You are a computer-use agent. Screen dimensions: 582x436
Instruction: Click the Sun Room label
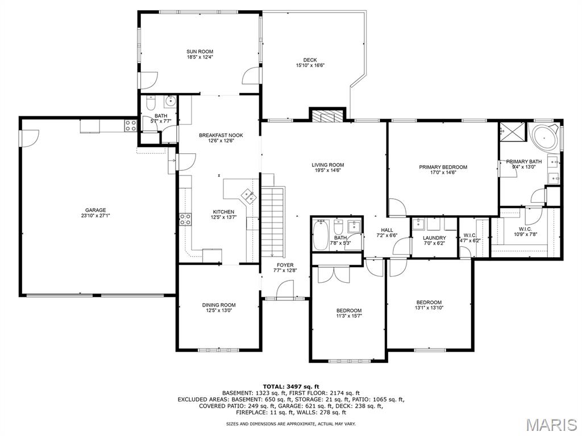199,52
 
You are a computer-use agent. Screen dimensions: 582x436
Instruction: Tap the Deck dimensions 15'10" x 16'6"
310,66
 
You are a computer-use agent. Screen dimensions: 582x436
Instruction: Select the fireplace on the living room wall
327,116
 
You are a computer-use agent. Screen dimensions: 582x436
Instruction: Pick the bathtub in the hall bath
321,234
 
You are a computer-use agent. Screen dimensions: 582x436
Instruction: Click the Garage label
95,210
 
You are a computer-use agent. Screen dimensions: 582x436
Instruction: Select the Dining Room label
219,305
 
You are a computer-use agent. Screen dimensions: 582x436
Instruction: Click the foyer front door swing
285,289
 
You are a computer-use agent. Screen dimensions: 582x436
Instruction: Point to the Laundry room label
434,238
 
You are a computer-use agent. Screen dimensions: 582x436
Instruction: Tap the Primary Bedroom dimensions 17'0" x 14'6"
443,173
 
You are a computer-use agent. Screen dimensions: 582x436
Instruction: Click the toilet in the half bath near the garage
150,103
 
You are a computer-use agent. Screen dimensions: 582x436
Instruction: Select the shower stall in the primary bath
513,131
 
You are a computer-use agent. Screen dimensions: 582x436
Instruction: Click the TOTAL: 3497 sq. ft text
291,386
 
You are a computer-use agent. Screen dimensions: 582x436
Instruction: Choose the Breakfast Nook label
221,135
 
